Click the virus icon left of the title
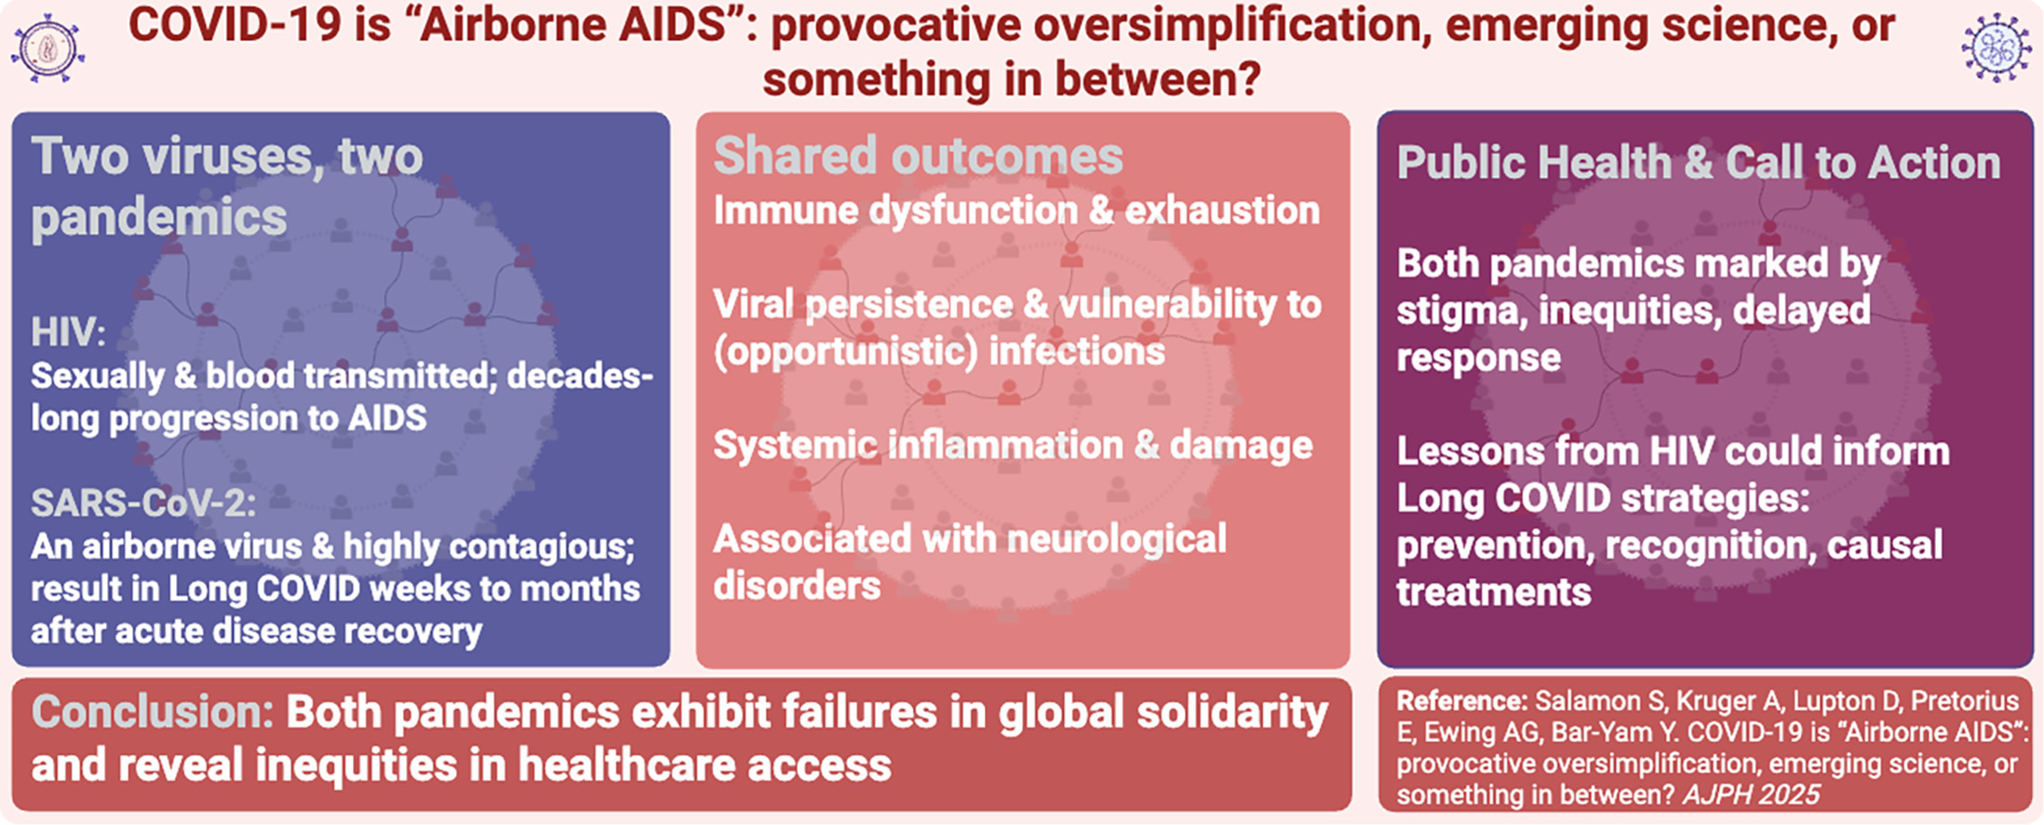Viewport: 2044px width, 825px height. click(x=48, y=49)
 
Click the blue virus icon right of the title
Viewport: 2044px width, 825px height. click(x=1997, y=49)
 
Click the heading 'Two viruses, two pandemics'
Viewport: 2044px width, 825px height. click(x=227, y=186)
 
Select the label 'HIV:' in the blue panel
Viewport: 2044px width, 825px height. click(x=68, y=332)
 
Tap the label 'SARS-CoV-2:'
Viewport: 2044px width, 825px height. click(x=143, y=503)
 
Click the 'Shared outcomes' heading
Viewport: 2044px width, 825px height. click(x=918, y=156)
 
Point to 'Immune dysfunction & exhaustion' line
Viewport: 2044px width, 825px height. click(x=1016, y=210)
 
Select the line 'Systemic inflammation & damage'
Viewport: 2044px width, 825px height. click(x=1013, y=446)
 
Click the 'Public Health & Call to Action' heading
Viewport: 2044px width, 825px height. click(x=1699, y=163)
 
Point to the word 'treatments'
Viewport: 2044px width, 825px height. click(x=1494, y=592)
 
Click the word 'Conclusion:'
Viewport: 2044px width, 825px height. click(x=153, y=712)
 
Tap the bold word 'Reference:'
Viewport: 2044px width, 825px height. click(x=1462, y=701)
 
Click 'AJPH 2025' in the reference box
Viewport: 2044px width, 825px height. click(x=1751, y=794)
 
